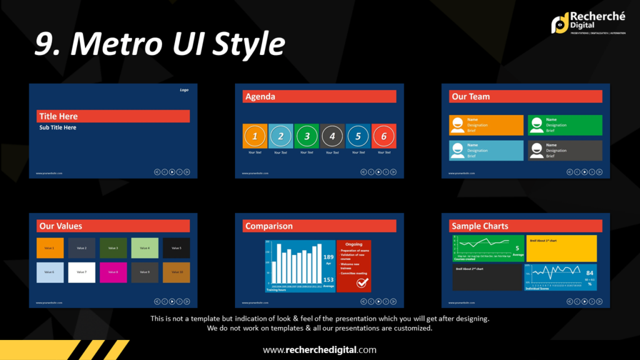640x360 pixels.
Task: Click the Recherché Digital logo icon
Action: (559, 23)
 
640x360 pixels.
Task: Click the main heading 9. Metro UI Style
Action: (159, 44)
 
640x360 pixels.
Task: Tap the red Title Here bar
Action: (113, 116)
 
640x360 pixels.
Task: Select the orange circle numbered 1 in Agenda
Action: (254, 136)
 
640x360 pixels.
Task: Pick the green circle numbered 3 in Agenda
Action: (306, 136)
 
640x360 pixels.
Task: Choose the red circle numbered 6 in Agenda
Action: (384, 136)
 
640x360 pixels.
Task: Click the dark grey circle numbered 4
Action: (332, 136)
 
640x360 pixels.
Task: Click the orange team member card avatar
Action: (457, 125)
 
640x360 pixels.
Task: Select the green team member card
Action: (565, 125)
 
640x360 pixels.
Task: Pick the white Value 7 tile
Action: (81, 272)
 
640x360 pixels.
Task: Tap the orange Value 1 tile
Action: (50, 248)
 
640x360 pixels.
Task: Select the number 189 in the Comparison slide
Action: (328, 257)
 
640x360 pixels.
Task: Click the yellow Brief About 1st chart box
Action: (561, 248)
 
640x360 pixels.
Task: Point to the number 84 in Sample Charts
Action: (589, 273)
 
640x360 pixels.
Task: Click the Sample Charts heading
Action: (480, 226)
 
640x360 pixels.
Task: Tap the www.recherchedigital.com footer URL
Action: (319, 350)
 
